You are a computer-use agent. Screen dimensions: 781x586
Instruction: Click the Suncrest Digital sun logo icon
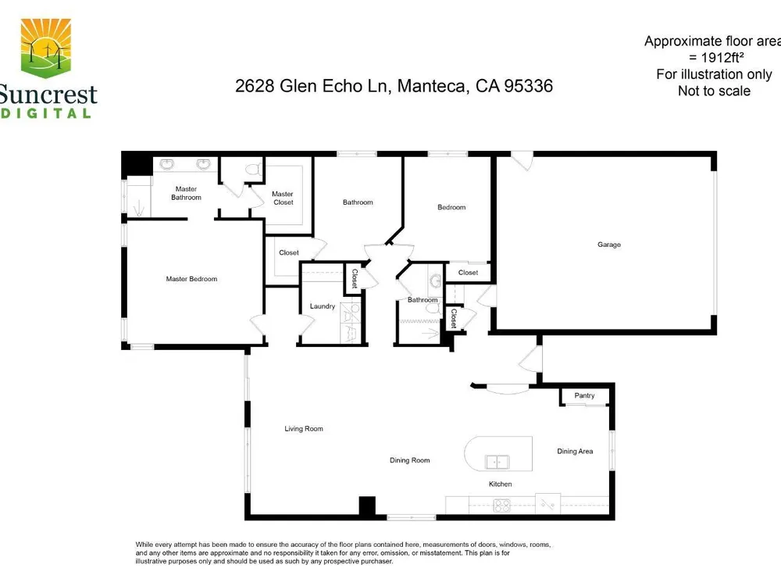pyautogui.click(x=45, y=48)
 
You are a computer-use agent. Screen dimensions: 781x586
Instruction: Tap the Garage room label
pyautogui.click(x=609, y=245)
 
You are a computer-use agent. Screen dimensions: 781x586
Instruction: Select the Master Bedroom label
pyautogui.click(x=192, y=279)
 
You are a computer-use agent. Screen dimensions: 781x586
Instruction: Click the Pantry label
pyautogui.click(x=584, y=395)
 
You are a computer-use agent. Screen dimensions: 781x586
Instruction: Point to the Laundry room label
pyautogui.click(x=323, y=306)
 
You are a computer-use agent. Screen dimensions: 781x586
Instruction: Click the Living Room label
pyautogui.click(x=304, y=428)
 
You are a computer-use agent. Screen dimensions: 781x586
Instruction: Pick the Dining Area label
pyautogui.click(x=575, y=452)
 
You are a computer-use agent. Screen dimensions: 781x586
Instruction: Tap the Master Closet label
pyautogui.click(x=283, y=198)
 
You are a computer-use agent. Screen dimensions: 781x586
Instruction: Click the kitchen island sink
pyautogui.click(x=497, y=463)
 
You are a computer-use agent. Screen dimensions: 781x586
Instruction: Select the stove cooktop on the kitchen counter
pyautogui.click(x=501, y=506)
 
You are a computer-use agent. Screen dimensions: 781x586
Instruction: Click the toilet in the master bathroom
pyautogui.click(x=254, y=170)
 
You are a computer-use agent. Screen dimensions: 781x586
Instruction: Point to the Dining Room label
pyautogui.click(x=409, y=460)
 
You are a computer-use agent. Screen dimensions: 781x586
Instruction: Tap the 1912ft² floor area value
pyautogui.click(x=722, y=57)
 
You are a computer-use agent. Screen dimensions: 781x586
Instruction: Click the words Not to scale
pyautogui.click(x=714, y=91)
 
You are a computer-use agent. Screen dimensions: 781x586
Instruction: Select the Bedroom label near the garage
pyautogui.click(x=451, y=207)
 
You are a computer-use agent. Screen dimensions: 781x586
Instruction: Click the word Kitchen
pyautogui.click(x=500, y=484)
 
